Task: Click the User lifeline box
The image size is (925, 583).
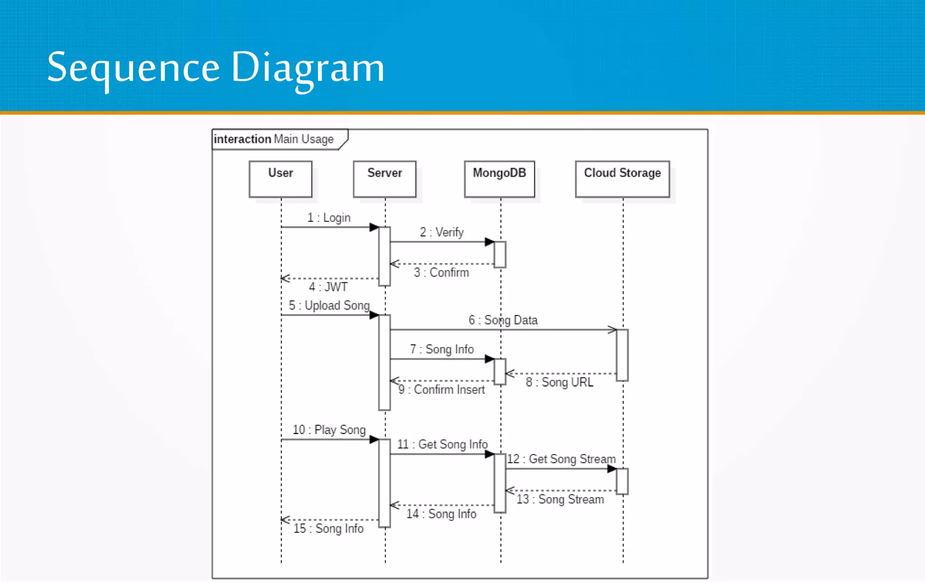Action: click(x=280, y=179)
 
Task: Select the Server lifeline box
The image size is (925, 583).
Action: click(x=384, y=179)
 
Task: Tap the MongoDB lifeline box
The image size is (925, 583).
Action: click(x=499, y=179)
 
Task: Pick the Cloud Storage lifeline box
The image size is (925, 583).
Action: click(x=622, y=179)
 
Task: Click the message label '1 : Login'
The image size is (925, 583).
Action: click(x=329, y=218)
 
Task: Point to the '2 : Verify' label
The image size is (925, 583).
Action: click(x=442, y=232)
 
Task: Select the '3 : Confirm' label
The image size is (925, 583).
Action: click(x=441, y=273)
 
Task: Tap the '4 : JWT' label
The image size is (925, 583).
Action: click(x=328, y=287)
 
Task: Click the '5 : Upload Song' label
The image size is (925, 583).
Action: click(x=329, y=306)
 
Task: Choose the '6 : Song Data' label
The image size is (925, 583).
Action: click(x=503, y=320)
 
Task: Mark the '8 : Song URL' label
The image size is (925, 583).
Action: click(x=559, y=382)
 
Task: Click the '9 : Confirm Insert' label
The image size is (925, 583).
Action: click(x=441, y=390)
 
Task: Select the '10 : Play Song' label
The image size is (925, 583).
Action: click(x=329, y=430)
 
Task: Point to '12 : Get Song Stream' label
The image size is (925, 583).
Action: click(x=561, y=459)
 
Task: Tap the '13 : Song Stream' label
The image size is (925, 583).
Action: click(x=560, y=499)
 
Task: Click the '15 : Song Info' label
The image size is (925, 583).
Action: click(x=328, y=528)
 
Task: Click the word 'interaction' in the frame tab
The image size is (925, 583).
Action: click(x=242, y=139)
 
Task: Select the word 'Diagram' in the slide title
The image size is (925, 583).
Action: click(x=308, y=68)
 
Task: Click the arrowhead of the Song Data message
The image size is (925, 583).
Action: click(x=612, y=330)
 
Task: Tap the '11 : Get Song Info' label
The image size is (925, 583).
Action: click(x=442, y=444)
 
